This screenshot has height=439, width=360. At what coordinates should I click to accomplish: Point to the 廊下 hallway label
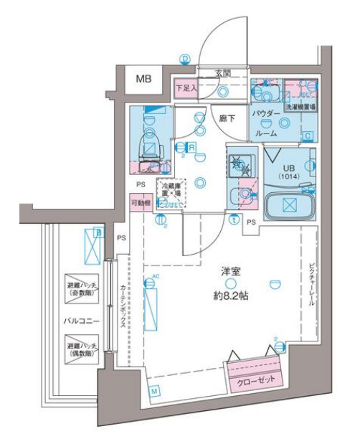(x=227, y=117)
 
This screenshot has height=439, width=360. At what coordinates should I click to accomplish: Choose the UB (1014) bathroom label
(x=287, y=170)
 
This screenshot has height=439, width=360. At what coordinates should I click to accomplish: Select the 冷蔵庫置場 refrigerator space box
(x=171, y=193)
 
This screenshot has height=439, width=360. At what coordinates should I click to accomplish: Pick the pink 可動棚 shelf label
(x=141, y=204)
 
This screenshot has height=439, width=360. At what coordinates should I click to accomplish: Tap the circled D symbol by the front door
(x=186, y=60)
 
